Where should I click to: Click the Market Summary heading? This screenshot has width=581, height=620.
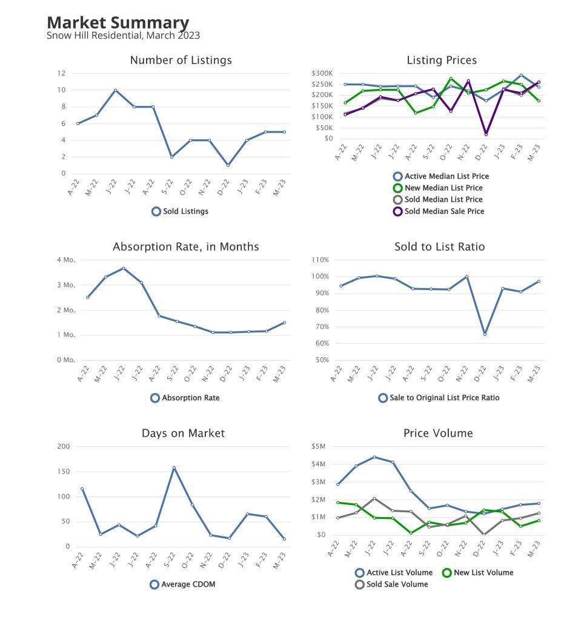pos(118,23)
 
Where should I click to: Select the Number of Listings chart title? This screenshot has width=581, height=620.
pos(181,60)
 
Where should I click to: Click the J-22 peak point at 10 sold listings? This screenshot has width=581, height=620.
pos(115,90)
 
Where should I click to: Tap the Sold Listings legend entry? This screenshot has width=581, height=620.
pos(180,211)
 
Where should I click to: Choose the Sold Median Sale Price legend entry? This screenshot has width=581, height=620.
pos(439,211)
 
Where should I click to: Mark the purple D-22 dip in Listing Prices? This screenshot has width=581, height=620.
pos(486,134)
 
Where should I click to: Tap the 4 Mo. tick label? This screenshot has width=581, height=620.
pos(65,260)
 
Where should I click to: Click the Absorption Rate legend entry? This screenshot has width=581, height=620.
pos(185,398)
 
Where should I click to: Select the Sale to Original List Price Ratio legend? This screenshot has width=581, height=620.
pos(439,398)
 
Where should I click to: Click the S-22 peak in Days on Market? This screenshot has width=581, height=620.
pos(173,467)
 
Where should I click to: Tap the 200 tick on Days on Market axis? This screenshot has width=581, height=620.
pos(63,446)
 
